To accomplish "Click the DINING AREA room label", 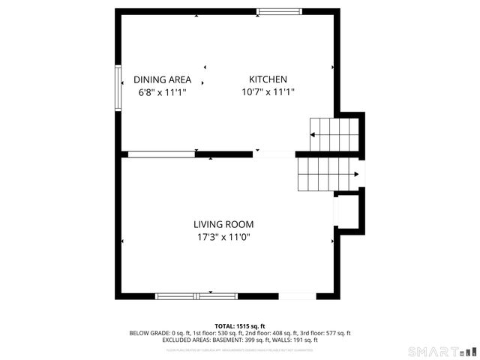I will [162, 79].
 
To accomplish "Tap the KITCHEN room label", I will [268, 79].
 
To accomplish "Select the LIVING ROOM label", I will [223, 224].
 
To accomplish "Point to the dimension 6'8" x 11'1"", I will [162, 92].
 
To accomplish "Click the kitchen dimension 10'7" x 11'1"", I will [268, 92].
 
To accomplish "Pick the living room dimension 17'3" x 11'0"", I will [223, 237].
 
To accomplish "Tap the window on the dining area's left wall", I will [118, 88].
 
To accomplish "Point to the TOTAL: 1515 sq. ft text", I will [240, 326].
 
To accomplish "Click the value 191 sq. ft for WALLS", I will [305, 340].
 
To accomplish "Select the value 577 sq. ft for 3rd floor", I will [337, 333].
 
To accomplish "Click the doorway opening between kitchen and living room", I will [274, 154].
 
